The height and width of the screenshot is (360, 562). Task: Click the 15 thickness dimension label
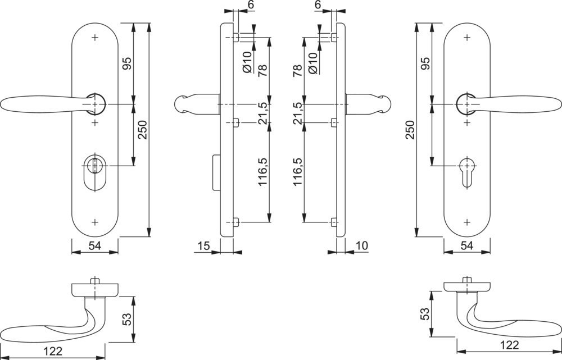pos(203,246)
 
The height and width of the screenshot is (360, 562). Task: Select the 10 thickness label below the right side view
pos(362,246)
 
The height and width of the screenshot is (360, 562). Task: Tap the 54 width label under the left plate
pos(94,246)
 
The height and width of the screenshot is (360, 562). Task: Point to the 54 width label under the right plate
pos(466,246)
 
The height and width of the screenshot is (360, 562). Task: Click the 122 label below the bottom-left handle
pos(53,351)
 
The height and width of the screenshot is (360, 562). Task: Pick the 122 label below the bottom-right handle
pos(509,345)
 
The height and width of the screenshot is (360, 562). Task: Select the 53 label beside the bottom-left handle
pos(127,319)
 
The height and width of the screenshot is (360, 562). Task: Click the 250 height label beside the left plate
pos(142,130)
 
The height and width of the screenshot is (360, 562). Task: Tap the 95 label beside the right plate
pos(425,63)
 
